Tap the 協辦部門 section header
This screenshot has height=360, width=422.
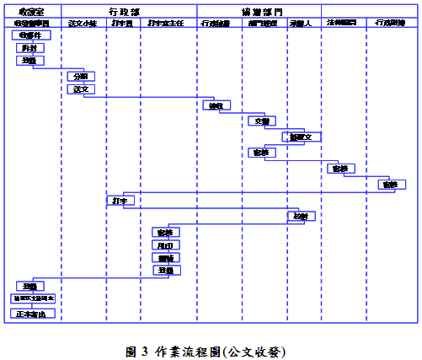[261, 12]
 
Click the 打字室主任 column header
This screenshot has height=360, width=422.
[165, 23]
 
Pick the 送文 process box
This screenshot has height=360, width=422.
[81, 89]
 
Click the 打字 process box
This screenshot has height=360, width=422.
[119, 201]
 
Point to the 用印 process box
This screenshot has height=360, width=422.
[165, 245]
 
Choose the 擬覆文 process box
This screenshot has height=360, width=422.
[301, 137]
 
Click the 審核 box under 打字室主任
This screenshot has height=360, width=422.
[164, 232]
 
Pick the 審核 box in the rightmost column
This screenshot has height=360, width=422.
[390, 185]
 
